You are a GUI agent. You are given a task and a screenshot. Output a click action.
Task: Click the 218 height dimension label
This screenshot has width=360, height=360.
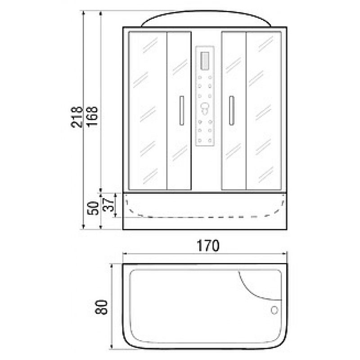pyautogui.click(x=76, y=117)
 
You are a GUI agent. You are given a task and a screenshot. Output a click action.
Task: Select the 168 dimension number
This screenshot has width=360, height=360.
pyautogui.click(x=92, y=117)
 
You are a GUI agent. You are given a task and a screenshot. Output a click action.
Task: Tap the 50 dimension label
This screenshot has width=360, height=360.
pyautogui.click(x=93, y=208)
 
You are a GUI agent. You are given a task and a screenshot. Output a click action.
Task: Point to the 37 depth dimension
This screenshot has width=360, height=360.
pyautogui.click(x=108, y=205)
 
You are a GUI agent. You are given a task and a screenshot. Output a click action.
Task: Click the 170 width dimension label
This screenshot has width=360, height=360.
pyautogui.click(x=208, y=246)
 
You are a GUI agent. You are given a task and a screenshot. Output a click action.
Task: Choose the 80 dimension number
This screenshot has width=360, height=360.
pyautogui.click(x=101, y=307)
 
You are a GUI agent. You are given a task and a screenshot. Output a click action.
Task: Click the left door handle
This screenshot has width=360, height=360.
pyautogui.click(x=182, y=111)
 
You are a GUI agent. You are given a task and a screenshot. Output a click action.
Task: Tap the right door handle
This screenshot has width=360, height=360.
pyautogui.click(x=231, y=111)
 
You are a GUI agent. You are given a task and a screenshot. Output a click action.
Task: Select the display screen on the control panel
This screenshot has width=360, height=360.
pyautogui.click(x=205, y=61)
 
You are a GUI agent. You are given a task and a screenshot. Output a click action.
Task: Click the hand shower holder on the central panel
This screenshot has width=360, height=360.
pyautogui.click(x=205, y=108)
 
